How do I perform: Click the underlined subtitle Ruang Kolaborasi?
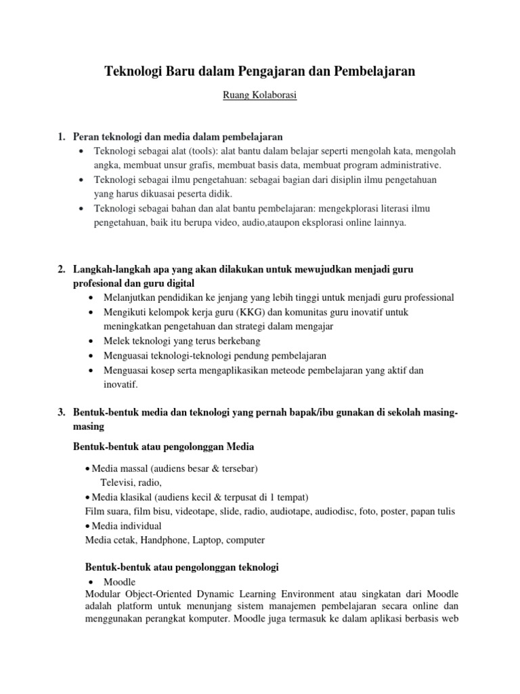click(x=260, y=96)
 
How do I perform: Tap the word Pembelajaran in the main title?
click(x=376, y=70)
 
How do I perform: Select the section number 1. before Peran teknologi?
click(x=62, y=136)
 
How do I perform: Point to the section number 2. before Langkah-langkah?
click(x=62, y=269)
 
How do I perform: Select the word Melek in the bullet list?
click(x=116, y=340)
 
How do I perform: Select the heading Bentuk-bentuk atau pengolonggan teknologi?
click(x=176, y=567)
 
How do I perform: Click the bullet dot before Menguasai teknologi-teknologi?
click(x=91, y=355)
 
